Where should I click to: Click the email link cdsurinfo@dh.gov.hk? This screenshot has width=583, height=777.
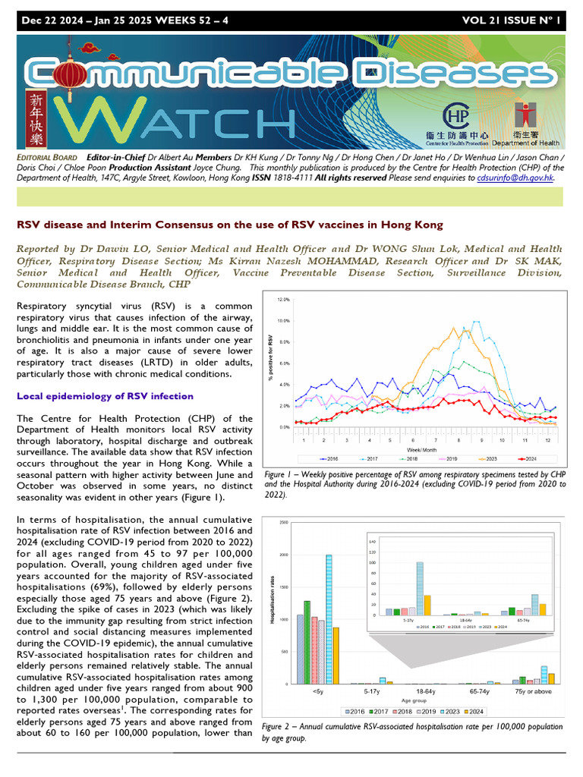(x=515, y=178)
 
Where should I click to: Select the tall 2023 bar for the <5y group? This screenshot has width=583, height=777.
(x=329, y=619)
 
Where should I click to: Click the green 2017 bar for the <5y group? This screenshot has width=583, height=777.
(x=307, y=642)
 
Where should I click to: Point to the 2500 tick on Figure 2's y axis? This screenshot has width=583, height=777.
(x=283, y=523)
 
